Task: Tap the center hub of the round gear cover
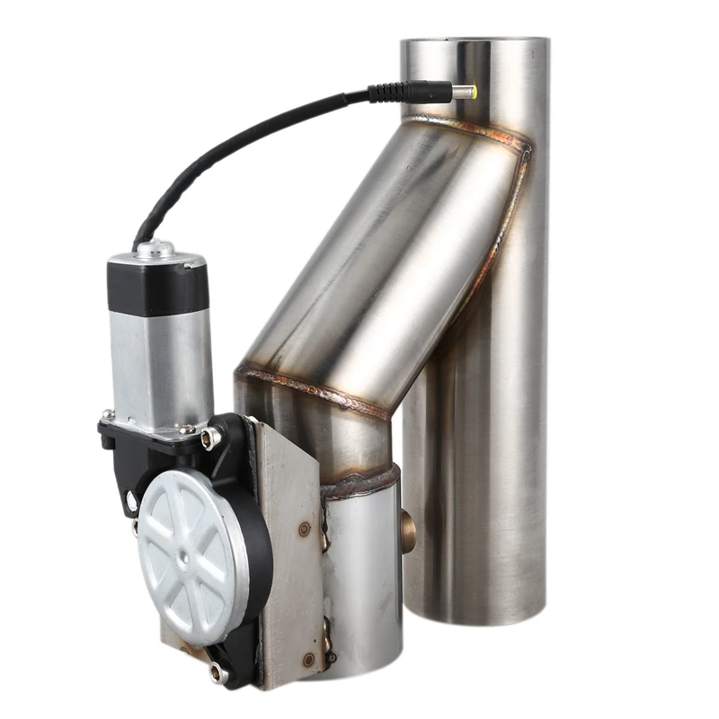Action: coord(183,558)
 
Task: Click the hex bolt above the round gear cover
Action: coord(211,438)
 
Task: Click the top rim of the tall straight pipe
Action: coord(474,41)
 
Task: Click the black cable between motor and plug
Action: coord(234,144)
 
